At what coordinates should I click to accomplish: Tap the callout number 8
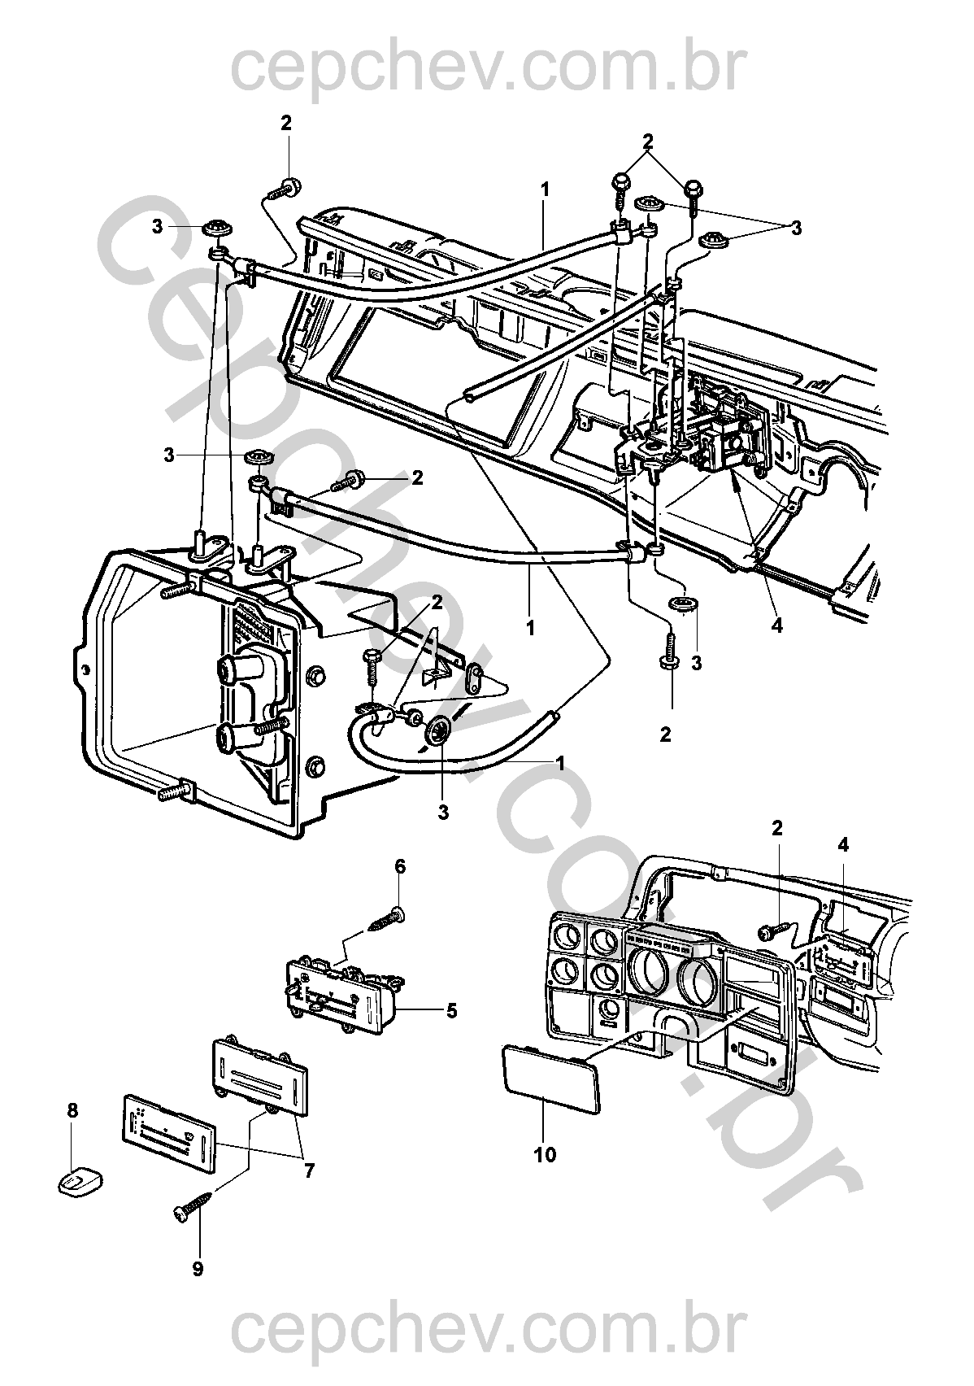[x=72, y=1109]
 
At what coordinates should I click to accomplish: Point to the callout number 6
[x=400, y=866]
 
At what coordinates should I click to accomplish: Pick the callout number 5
[x=450, y=1011]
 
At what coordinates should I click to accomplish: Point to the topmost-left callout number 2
[x=285, y=123]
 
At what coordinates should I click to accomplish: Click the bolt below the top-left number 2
[x=286, y=187]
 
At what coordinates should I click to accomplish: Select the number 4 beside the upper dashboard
[x=776, y=626]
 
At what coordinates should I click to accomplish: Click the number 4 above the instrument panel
[x=843, y=846]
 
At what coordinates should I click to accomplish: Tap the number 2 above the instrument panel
[x=777, y=828]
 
